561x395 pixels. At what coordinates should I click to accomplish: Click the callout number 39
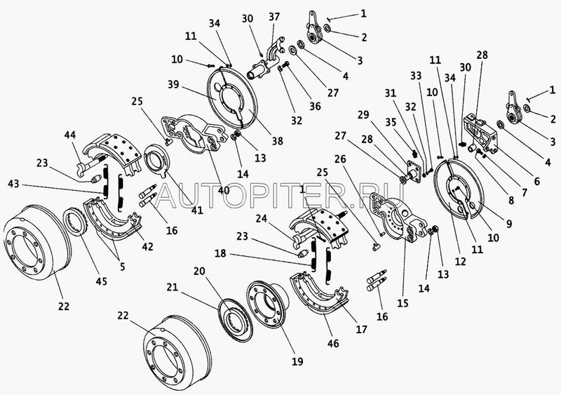(x=174, y=85)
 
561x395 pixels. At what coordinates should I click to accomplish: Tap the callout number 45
(x=101, y=281)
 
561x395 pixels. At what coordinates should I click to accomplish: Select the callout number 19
(x=297, y=361)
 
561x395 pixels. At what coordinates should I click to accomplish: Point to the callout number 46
(x=332, y=343)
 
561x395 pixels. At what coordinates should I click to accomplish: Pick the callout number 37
(x=274, y=17)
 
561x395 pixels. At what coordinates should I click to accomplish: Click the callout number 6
(x=536, y=181)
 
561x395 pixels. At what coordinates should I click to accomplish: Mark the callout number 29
(x=363, y=115)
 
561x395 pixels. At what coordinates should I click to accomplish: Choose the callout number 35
(x=391, y=122)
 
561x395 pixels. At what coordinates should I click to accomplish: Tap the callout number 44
(x=70, y=135)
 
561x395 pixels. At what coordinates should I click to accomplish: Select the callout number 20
(x=199, y=271)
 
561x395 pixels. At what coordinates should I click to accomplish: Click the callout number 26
(x=340, y=159)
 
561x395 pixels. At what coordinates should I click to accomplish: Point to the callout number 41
(x=197, y=210)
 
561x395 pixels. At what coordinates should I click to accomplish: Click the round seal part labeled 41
(x=156, y=159)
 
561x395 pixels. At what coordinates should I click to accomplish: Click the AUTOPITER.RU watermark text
(x=279, y=196)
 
